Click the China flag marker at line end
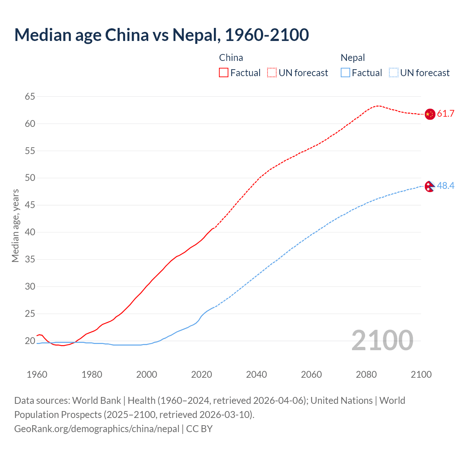[x=430, y=114]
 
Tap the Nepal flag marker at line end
[x=430, y=186]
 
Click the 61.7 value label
[x=446, y=114]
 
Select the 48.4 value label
[x=446, y=186]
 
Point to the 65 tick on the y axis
[x=30, y=97]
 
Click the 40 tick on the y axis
[x=30, y=232]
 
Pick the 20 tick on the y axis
[x=30, y=341]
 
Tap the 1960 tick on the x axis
[x=37, y=374]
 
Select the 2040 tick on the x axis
[x=256, y=374]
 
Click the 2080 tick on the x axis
[x=366, y=374]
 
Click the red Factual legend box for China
[x=224, y=73]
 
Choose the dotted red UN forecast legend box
[x=272, y=73]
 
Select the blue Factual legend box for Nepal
[x=345, y=73]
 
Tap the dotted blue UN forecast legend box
[x=393, y=73]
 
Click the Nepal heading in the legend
[x=353, y=58]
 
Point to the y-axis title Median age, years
[x=15, y=225]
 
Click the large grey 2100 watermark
[x=382, y=340]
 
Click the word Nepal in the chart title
[x=196, y=35]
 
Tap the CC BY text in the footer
[x=199, y=429]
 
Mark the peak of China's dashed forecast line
[x=378, y=106]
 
